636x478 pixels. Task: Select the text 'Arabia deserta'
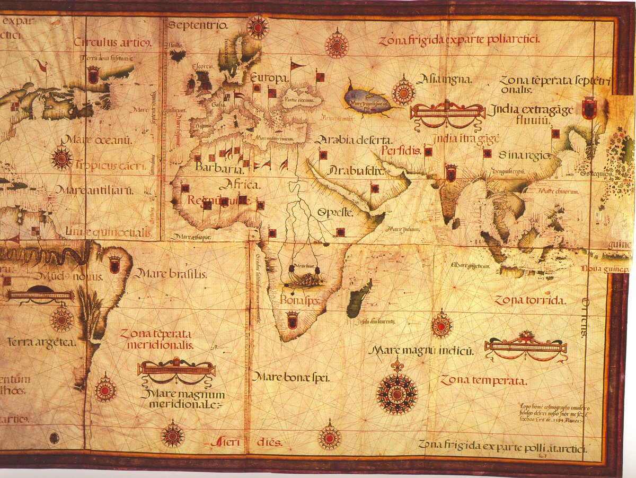coord(354,140)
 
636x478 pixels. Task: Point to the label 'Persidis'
coord(401,151)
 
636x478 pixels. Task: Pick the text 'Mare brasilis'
coord(170,274)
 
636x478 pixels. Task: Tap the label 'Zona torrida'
coord(530,300)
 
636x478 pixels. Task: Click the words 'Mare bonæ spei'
coord(290,377)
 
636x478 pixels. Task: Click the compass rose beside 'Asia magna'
coord(403,93)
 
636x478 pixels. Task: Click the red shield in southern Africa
coord(292,320)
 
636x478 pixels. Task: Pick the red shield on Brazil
coord(114,264)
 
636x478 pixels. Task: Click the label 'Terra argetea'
coord(42,342)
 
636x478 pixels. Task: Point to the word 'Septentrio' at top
coord(198,25)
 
